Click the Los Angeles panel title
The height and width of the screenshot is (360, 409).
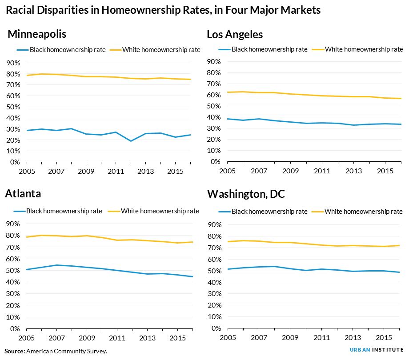click(235, 34)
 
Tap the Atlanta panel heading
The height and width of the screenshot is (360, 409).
click(23, 194)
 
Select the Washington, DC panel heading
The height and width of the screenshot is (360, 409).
click(246, 194)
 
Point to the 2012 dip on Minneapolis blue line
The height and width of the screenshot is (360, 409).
click(131, 141)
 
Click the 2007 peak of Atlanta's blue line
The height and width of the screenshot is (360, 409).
click(56, 265)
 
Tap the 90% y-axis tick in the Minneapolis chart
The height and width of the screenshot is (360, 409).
click(12, 63)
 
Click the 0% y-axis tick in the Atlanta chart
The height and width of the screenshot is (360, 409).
click(14, 328)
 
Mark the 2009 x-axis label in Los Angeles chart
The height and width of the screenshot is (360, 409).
click(290, 171)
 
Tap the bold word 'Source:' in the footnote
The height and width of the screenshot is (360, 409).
click(15, 351)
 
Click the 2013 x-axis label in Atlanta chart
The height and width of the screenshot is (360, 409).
click(147, 337)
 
